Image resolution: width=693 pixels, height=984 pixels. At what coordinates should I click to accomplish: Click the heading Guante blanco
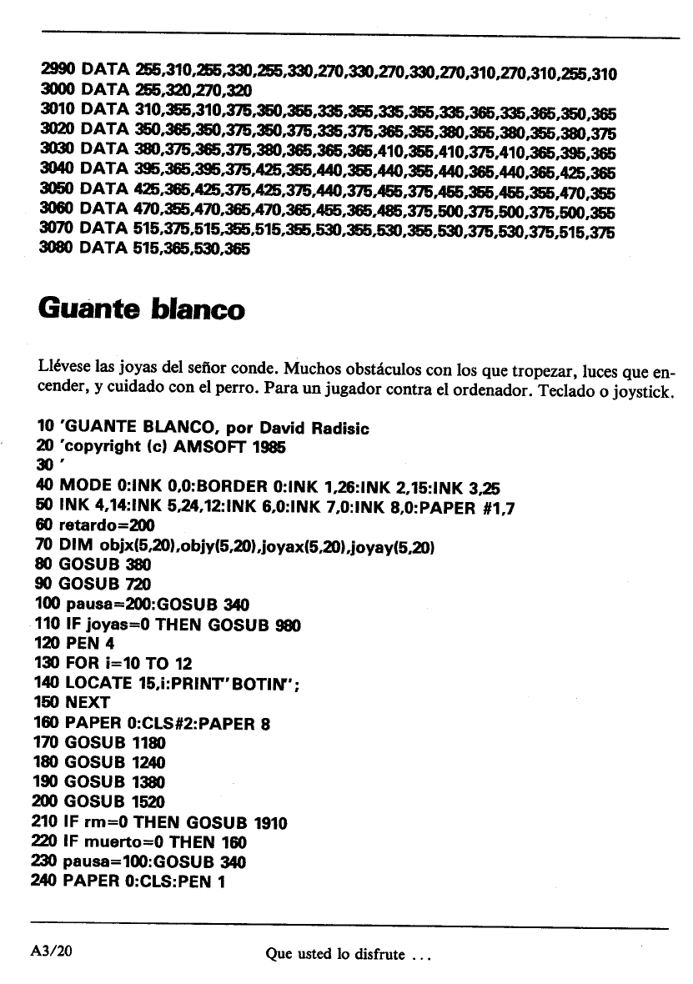tap(141, 309)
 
